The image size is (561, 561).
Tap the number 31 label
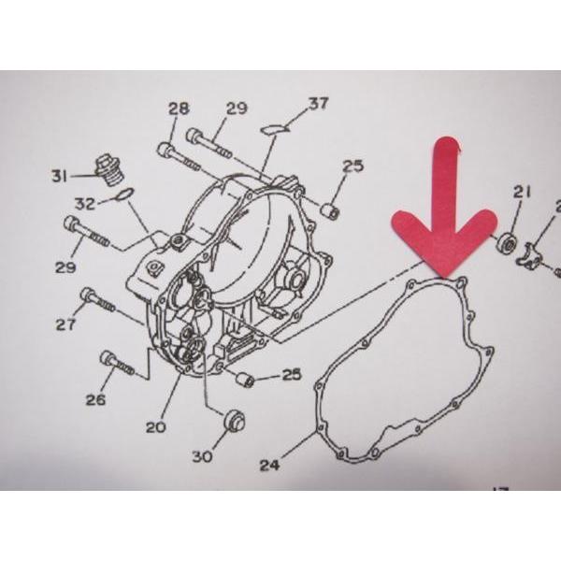[60, 176]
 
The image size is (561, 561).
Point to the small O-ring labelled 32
[124, 194]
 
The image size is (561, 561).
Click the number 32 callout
[85, 204]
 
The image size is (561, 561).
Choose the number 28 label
[179, 108]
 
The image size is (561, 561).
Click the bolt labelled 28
[179, 157]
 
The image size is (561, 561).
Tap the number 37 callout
[319, 104]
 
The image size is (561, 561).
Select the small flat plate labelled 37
[275, 129]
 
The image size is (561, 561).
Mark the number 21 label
[522, 194]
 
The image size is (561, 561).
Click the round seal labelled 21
[507, 242]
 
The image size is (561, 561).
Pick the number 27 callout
[65, 324]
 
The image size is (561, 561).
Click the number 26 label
[95, 399]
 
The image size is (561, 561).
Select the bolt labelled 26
[118, 363]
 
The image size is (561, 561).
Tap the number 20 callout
[156, 427]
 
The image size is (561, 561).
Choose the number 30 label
[203, 456]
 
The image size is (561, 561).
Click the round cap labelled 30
[235, 421]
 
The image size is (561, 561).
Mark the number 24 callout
[270, 465]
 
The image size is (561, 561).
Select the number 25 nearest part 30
[292, 375]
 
